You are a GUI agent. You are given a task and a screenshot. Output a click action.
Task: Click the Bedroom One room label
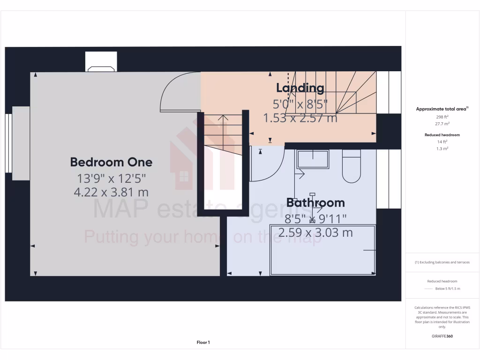(111, 162)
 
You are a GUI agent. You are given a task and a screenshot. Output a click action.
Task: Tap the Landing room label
(300, 88)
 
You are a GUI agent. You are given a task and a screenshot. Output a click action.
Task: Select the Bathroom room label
(315, 202)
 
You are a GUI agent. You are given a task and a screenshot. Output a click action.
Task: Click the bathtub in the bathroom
(323, 250)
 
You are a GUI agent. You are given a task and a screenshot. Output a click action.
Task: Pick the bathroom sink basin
(313, 159)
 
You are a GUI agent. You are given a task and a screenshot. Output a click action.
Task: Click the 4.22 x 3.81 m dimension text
(111, 192)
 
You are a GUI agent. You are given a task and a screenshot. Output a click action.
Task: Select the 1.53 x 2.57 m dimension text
(300, 118)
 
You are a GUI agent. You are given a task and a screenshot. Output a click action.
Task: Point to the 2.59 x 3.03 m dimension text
(315, 232)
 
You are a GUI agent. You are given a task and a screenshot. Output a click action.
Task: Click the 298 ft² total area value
(442, 117)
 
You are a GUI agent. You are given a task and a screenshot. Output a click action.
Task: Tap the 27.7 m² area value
(442, 124)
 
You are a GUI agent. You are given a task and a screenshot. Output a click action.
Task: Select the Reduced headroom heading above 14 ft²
(442, 135)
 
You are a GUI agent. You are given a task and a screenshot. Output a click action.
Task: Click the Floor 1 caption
(203, 343)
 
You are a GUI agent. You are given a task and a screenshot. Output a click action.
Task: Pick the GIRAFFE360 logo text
(442, 336)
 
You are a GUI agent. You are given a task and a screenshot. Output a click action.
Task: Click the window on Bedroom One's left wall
(8, 142)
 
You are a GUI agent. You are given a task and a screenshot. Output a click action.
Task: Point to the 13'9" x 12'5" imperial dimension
(111, 178)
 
